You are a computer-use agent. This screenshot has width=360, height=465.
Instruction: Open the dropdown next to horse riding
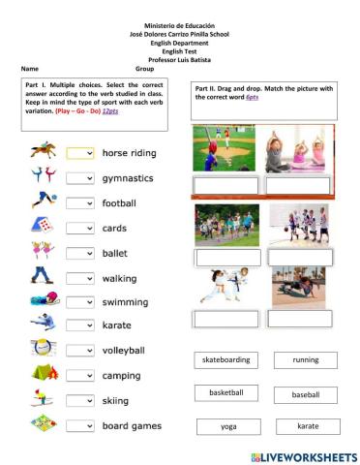(80, 153)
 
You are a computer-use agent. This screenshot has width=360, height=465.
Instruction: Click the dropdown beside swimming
(80, 301)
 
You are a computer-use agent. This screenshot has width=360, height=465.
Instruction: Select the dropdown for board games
(80, 425)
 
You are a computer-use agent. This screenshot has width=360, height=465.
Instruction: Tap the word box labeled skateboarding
(225, 359)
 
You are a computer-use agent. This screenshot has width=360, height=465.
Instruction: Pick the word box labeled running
(305, 359)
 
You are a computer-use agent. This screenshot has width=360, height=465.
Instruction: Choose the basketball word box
(225, 392)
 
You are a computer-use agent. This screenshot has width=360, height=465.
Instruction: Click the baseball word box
(306, 395)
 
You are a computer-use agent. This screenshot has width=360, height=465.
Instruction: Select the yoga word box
(227, 426)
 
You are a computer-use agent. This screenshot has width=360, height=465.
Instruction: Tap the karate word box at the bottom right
(308, 426)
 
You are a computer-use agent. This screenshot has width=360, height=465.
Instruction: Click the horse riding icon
(41, 152)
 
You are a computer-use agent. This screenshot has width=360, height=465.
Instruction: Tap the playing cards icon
(41, 228)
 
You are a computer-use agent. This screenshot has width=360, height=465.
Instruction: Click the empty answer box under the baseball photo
(225, 186)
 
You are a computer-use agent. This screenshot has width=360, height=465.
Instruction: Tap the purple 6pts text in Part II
(252, 98)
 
